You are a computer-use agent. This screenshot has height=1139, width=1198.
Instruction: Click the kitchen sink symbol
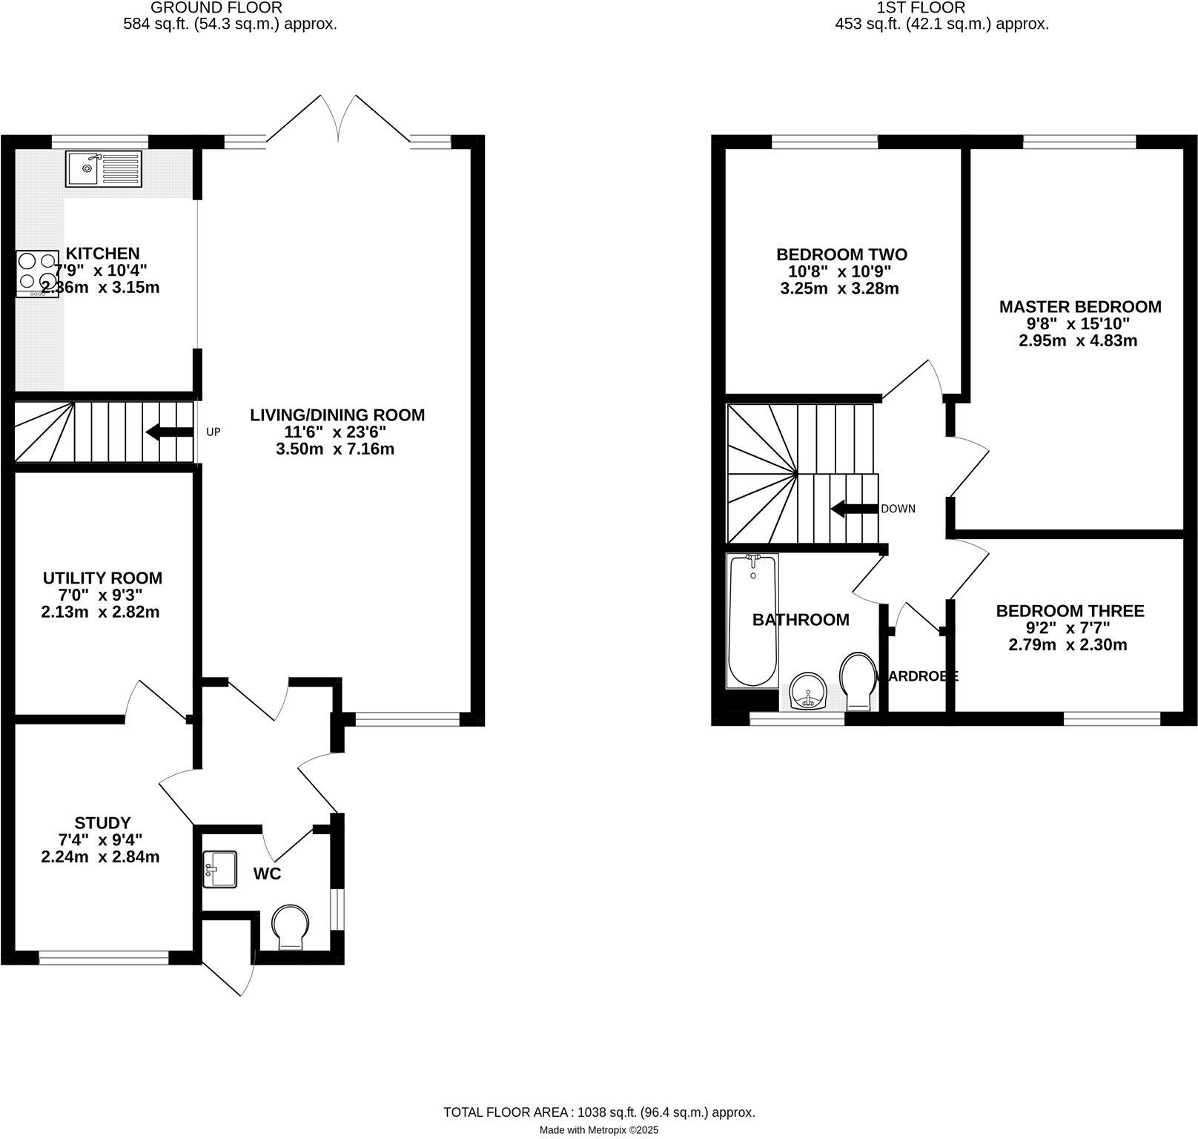tap(103, 168)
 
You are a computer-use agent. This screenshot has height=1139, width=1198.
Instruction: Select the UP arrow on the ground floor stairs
tap(170, 432)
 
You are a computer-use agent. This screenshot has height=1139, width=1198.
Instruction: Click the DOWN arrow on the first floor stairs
tap(854, 509)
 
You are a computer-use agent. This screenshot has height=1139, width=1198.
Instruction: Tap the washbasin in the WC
tap(220, 868)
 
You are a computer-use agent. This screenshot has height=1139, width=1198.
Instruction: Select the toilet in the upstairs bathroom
tap(858, 679)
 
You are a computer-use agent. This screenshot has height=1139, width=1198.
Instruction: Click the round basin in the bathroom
tap(807, 691)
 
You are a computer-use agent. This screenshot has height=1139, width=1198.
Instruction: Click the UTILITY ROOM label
tap(102, 578)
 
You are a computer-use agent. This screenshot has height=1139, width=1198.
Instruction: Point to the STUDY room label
tap(102, 822)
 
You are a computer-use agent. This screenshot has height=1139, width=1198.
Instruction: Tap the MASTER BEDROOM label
tap(1079, 306)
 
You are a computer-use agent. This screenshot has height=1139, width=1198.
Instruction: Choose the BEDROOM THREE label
tap(1070, 610)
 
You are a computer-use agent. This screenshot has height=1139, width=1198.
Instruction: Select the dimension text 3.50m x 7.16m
tap(337, 449)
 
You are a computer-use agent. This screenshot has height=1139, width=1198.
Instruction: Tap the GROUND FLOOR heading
tap(216, 8)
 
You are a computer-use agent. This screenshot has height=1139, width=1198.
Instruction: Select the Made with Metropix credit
tap(598, 1130)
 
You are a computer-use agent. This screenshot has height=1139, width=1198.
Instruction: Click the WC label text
tap(267, 874)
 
